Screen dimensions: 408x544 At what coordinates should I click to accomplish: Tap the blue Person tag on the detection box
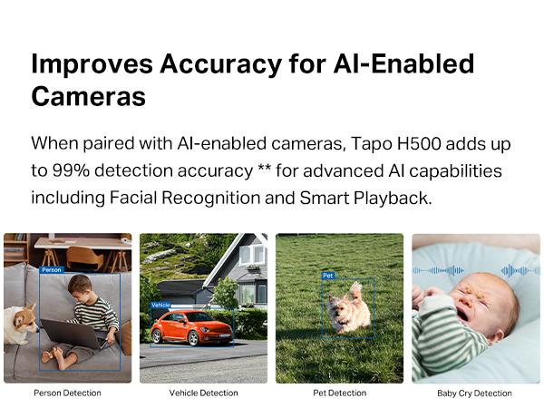[52, 269]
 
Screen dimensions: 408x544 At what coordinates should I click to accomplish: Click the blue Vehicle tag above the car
[160, 305]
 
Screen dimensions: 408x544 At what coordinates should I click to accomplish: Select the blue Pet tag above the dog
[328, 275]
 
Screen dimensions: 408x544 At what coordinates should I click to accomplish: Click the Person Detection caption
[67, 393]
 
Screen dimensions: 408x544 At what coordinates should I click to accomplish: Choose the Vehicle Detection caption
[203, 393]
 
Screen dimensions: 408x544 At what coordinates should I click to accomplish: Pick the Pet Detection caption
[339, 393]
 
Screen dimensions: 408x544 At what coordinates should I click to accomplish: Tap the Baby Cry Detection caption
[474, 393]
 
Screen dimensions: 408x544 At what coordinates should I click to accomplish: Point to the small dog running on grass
[349, 309]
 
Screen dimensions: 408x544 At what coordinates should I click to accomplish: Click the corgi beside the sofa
[18, 322]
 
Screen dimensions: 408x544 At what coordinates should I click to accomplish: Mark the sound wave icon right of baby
[520, 270]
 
